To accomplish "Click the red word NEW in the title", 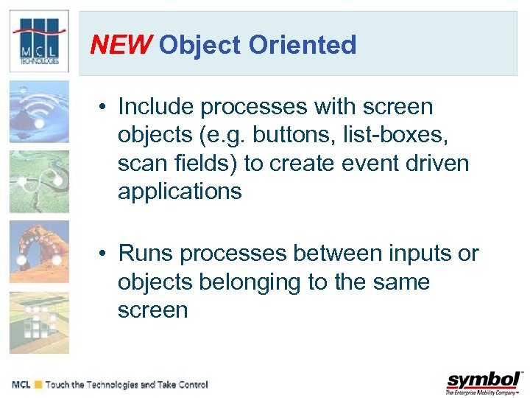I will coord(120,46).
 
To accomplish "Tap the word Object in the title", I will coord(200,46).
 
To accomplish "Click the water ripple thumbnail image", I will coord(39,112).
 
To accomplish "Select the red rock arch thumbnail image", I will coord(39,252).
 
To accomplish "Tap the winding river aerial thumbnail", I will coord(39,181).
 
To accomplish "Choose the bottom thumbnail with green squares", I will coord(39,322).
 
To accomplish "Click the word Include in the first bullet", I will coord(155,107).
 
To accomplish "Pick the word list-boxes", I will coord(417,135).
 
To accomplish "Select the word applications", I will coord(180,192).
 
